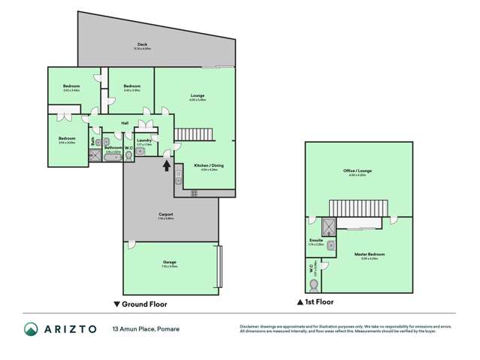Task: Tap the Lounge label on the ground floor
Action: [x=198, y=95]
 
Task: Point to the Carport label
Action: [x=166, y=215]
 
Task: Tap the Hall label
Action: [x=125, y=123]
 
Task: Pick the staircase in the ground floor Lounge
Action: [x=196, y=135]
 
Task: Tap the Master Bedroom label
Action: [x=370, y=253]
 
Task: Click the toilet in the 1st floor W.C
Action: [x=313, y=286]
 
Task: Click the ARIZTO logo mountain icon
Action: [x=31, y=329]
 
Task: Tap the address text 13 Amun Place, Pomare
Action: [x=146, y=329]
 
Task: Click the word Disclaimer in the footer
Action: [x=249, y=326]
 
